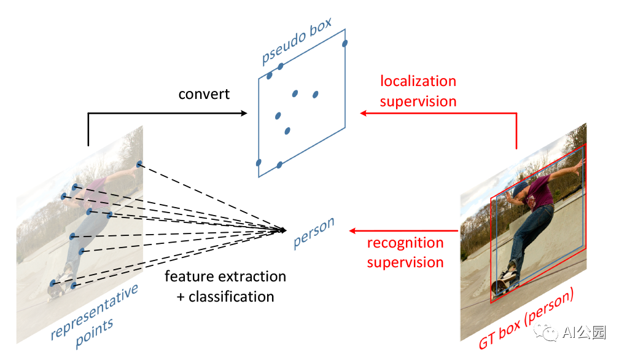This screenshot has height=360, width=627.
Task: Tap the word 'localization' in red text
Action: click(418, 82)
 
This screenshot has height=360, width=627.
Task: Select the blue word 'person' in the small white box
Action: click(313, 234)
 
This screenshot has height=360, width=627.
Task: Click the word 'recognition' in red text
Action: click(405, 243)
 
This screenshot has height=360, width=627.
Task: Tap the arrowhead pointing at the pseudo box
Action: click(363, 113)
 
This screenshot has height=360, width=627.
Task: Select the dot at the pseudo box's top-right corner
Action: click(345, 43)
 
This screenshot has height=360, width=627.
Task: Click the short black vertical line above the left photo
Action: click(88, 135)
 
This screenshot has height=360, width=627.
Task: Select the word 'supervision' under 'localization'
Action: click(418, 101)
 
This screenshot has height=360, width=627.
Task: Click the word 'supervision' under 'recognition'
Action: click(405, 262)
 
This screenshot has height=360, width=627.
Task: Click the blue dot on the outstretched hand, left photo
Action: click(139, 164)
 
